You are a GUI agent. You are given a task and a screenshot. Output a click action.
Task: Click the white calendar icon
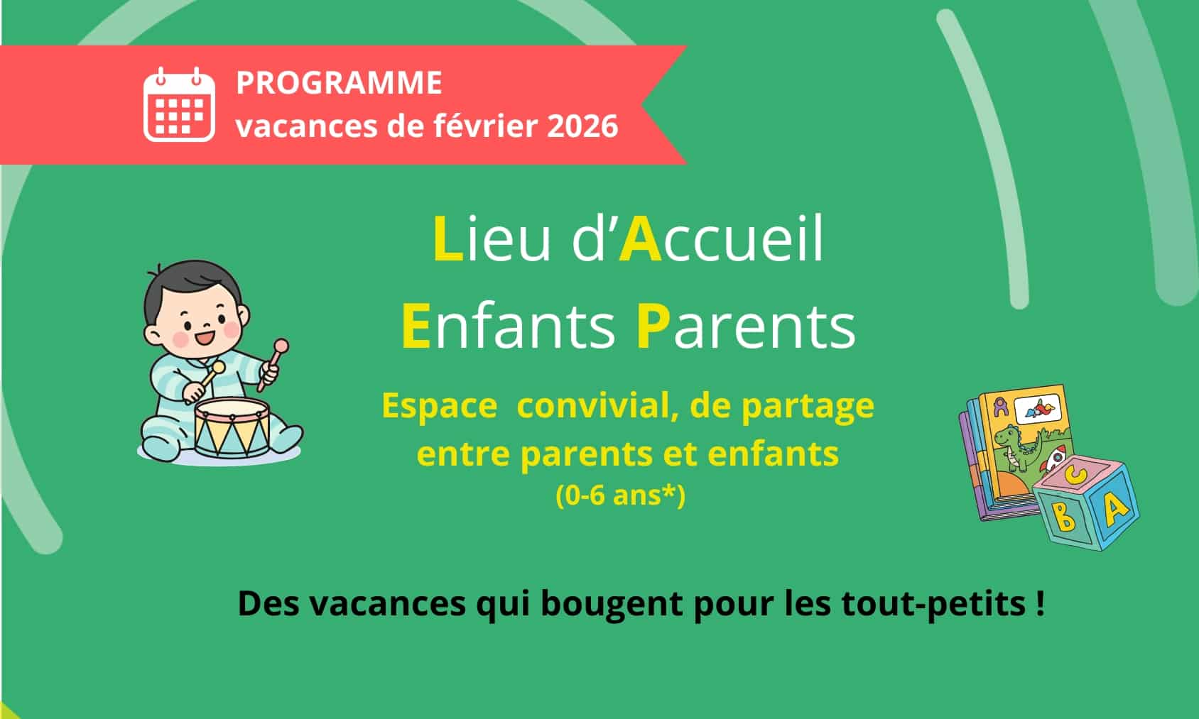[x=179, y=104]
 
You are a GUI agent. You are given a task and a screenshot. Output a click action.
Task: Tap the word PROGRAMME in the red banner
[x=340, y=82]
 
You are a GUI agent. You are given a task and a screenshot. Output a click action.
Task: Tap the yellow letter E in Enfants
[x=416, y=326]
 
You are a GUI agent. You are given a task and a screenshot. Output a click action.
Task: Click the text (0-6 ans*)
[x=620, y=495]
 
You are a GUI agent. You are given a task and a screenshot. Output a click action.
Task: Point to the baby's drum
[x=232, y=427]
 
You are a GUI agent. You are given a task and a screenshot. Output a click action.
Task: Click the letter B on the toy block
[x=1065, y=516]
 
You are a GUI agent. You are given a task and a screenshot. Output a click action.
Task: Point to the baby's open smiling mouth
[x=205, y=338]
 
